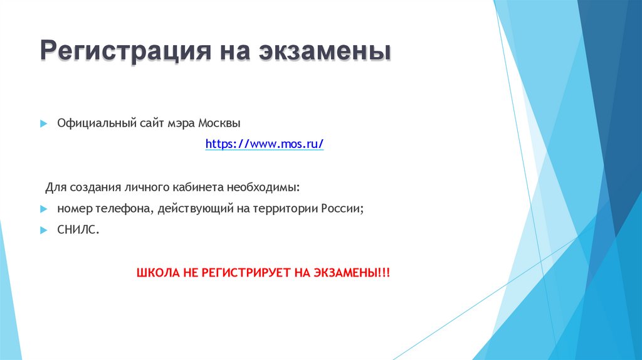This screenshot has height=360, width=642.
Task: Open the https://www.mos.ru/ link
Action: [265, 144]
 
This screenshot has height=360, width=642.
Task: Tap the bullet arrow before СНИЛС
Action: [43, 230]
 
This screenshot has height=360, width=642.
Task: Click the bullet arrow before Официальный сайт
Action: [43, 124]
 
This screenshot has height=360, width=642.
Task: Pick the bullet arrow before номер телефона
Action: [43, 209]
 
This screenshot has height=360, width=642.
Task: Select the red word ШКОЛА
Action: [157, 273]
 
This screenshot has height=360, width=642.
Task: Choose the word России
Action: [344, 209]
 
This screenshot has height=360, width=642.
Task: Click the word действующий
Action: [187, 209]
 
